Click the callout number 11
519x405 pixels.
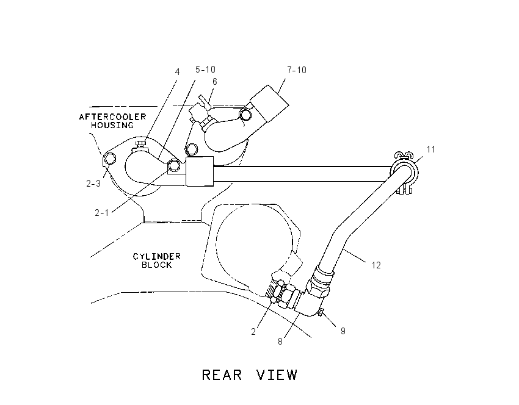(x=430, y=149)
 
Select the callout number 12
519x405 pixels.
(x=376, y=265)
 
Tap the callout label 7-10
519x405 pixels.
(x=297, y=70)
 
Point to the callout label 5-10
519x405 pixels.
(x=205, y=70)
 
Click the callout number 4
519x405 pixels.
(x=178, y=72)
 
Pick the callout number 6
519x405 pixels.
(x=215, y=82)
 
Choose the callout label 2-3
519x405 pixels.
(x=93, y=184)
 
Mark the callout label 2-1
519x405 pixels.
(x=101, y=213)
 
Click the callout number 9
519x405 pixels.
(x=343, y=331)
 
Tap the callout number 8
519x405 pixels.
(x=280, y=342)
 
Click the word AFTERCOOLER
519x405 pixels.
(x=112, y=116)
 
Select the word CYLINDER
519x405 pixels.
(x=156, y=256)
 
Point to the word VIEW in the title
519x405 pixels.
(x=277, y=375)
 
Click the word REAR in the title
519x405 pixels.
(x=222, y=375)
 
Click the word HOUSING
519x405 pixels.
(x=112, y=125)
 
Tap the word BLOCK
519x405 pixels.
(x=156, y=265)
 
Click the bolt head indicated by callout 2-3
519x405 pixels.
(x=110, y=159)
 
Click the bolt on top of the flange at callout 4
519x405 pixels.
(x=140, y=145)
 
